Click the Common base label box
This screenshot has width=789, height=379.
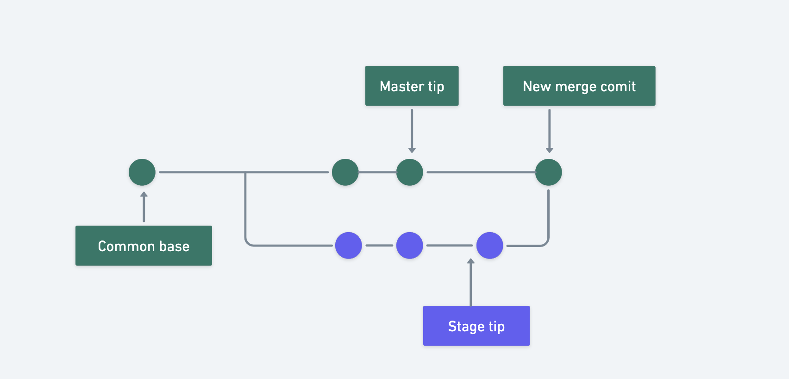pos(144,246)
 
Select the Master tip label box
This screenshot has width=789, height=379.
pos(412,86)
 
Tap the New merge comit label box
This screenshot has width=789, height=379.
pos(579,86)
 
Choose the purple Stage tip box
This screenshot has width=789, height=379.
pos(476,326)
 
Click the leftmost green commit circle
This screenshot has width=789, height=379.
pos(142,172)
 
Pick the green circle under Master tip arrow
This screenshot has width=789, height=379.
pos(410,172)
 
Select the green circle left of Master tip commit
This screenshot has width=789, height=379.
pos(345,172)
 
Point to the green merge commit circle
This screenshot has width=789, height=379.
pos(549,172)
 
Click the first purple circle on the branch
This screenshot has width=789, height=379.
pos(348,246)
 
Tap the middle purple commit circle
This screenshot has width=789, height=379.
pos(410,246)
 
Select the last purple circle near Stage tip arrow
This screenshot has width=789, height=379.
pos(490,246)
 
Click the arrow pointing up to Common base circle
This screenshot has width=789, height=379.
pos(144,207)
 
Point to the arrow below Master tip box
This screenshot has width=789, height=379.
pos(412,131)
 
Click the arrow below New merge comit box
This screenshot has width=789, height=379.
pos(549,131)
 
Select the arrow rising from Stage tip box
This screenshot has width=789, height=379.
pos(471,282)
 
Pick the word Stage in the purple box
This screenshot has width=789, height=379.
pos(466,327)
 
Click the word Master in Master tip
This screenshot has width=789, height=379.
pos(401,86)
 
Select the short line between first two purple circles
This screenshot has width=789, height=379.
pos(379,246)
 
